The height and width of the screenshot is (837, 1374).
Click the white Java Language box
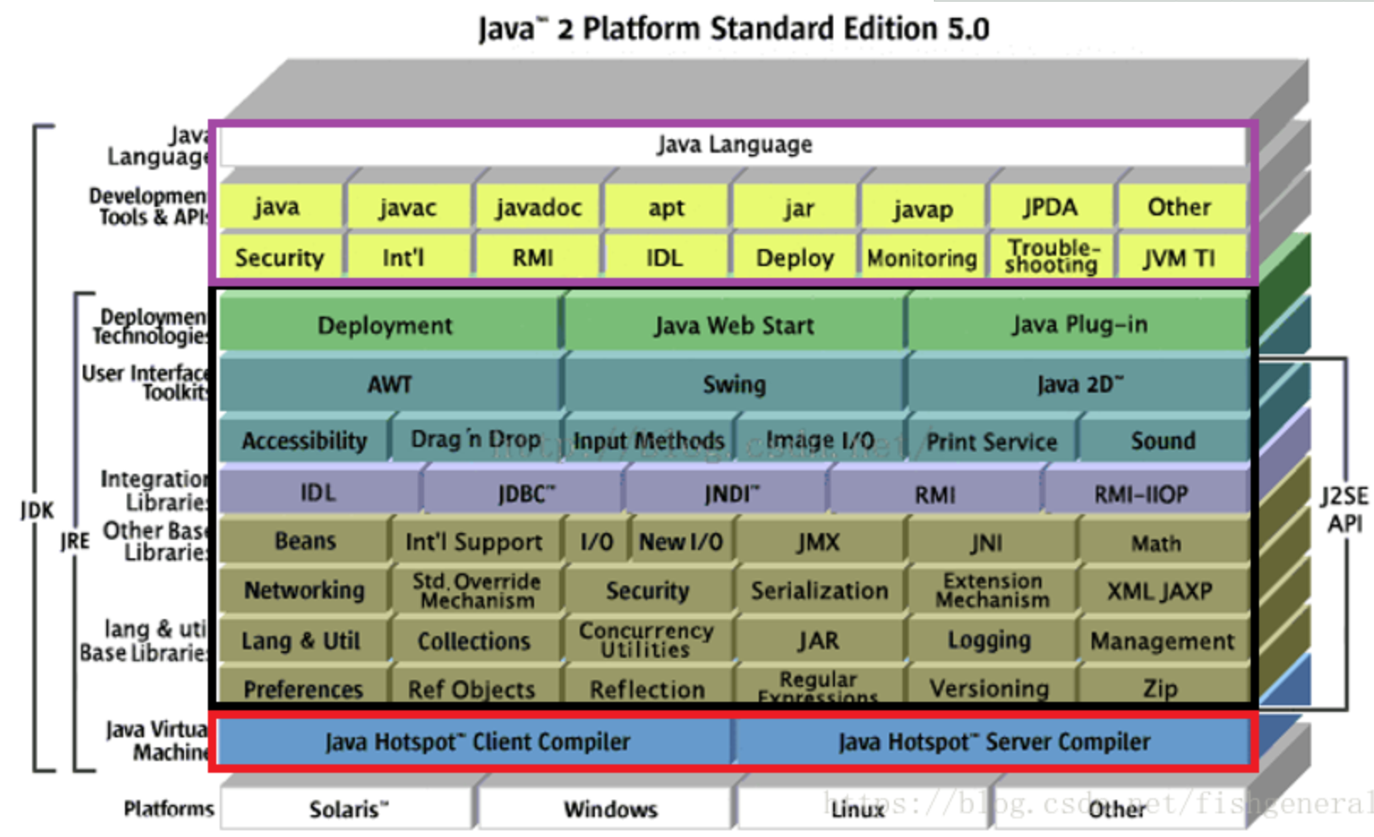[x=733, y=145]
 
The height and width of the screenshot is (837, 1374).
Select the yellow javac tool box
[x=407, y=208]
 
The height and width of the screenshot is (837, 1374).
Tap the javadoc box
[x=538, y=208]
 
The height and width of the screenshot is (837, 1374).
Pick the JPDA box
[x=1050, y=208]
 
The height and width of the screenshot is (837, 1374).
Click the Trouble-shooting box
[x=1051, y=257]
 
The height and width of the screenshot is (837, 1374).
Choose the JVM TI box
[x=1180, y=258]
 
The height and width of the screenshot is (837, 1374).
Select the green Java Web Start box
[x=733, y=325]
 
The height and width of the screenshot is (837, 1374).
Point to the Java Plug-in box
[x=1079, y=324]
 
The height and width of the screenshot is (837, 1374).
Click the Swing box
[x=733, y=385]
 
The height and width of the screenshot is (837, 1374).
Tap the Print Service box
[x=991, y=442]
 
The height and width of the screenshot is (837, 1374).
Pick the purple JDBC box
[x=526, y=493]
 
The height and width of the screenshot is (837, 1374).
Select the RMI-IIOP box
[x=1141, y=494]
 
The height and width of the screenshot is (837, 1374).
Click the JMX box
[x=818, y=541]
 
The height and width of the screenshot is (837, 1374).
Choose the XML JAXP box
[x=1159, y=591]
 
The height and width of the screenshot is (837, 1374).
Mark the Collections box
[x=474, y=641]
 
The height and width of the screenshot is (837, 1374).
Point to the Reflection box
[x=647, y=689]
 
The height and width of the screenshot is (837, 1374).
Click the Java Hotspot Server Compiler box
[x=994, y=742]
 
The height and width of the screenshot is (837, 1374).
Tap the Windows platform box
[x=610, y=809]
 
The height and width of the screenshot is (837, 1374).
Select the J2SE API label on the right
[x=1344, y=510]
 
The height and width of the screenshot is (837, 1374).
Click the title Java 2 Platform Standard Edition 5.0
[x=733, y=29]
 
